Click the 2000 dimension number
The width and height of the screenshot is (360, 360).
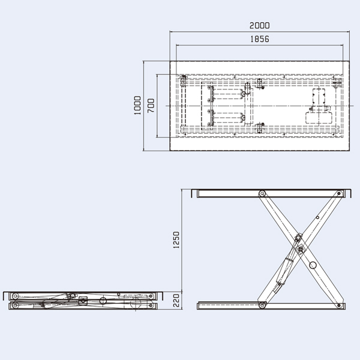point(260,26)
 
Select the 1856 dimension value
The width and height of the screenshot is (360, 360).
point(260,39)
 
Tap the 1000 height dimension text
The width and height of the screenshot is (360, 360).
point(137,105)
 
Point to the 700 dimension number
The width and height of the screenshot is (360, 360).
point(151,106)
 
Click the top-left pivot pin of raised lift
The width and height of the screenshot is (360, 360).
point(262,193)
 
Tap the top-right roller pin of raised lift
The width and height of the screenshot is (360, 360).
point(334,193)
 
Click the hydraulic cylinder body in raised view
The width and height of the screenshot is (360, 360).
point(285,270)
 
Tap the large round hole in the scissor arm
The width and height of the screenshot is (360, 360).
point(312,265)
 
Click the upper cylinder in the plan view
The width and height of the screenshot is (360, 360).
point(228,94)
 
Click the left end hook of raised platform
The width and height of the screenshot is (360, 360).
point(194,193)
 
